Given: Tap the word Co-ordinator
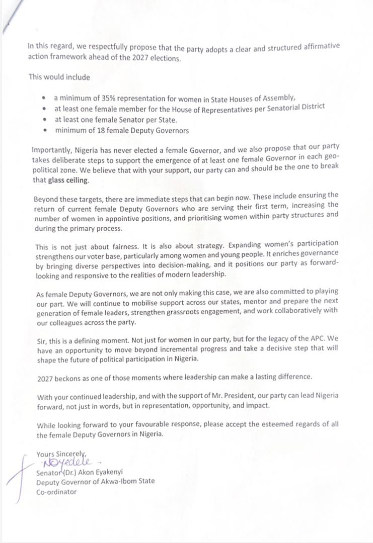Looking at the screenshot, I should click(56, 492).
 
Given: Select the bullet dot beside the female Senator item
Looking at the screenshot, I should click(45, 120).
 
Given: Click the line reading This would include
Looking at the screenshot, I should click(59, 77).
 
